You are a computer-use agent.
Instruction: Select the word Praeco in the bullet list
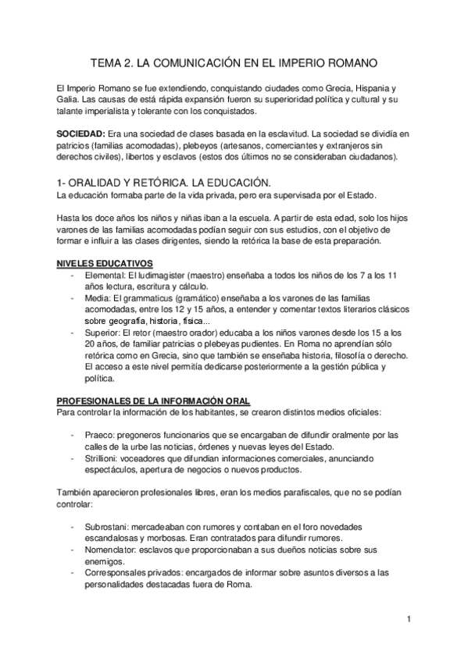pyautogui.click(x=98, y=435)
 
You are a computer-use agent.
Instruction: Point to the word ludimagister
pyautogui.click(x=166, y=276)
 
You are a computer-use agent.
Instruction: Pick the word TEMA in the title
pyautogui.click(x=107, y=60)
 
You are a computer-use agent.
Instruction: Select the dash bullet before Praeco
pyautogui.click(x=73, y=435)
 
